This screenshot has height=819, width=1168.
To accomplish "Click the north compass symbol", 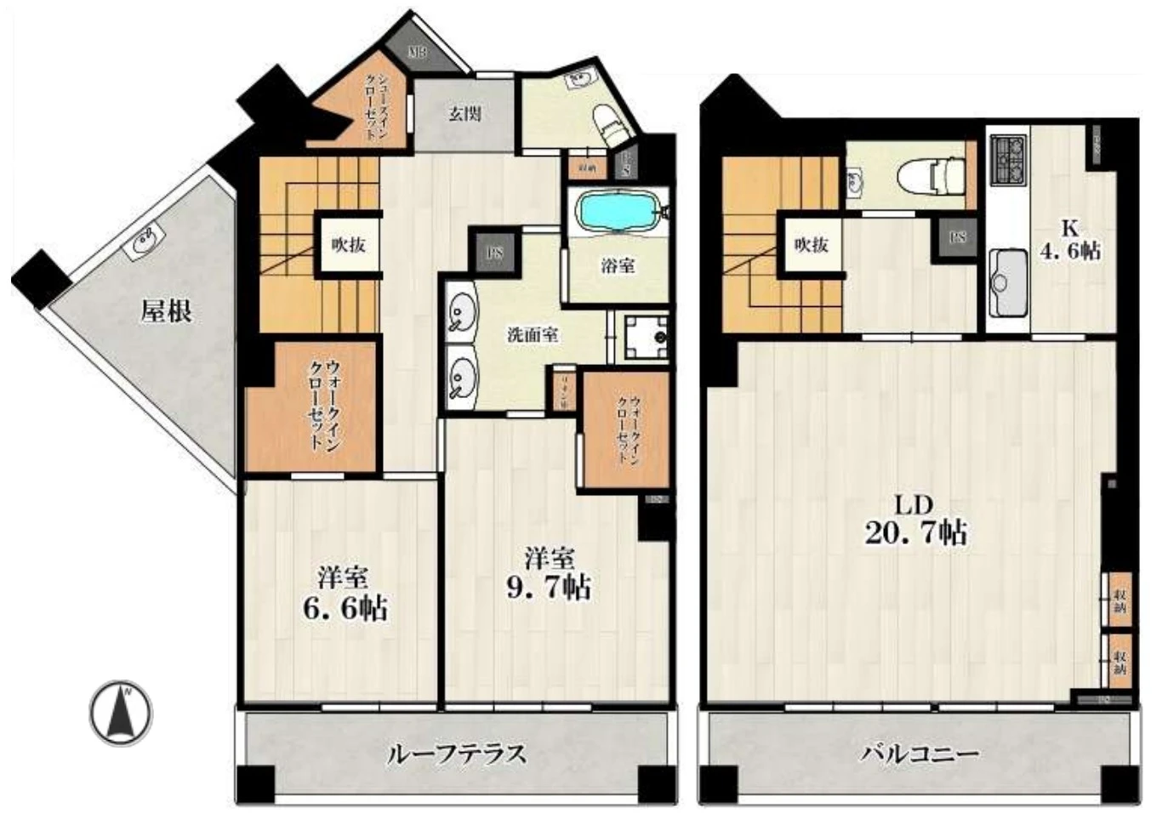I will click(122, 713).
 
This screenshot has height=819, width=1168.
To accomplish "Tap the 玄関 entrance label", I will click(464, 113).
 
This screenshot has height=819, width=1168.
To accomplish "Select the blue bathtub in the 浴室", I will click(618, 211).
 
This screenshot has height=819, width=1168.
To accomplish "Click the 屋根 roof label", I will click(166, 311).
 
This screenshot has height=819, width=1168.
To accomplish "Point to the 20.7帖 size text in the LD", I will click(915, 533).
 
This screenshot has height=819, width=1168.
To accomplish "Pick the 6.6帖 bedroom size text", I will click(345, 608).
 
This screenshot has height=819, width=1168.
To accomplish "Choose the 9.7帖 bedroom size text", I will click(549, 587).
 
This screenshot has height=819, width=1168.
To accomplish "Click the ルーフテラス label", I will click(456, 754).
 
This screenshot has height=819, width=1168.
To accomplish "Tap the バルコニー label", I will click(920, 754).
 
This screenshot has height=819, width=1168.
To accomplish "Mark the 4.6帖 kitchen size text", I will click(1070, 251).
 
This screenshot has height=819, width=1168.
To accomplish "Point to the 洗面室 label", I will click(533, 335).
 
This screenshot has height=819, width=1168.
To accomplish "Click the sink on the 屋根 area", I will click(143, 240).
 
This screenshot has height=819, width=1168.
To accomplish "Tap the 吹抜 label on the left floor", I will click(349, 245).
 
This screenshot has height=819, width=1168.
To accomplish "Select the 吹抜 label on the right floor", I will click(812, 245).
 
